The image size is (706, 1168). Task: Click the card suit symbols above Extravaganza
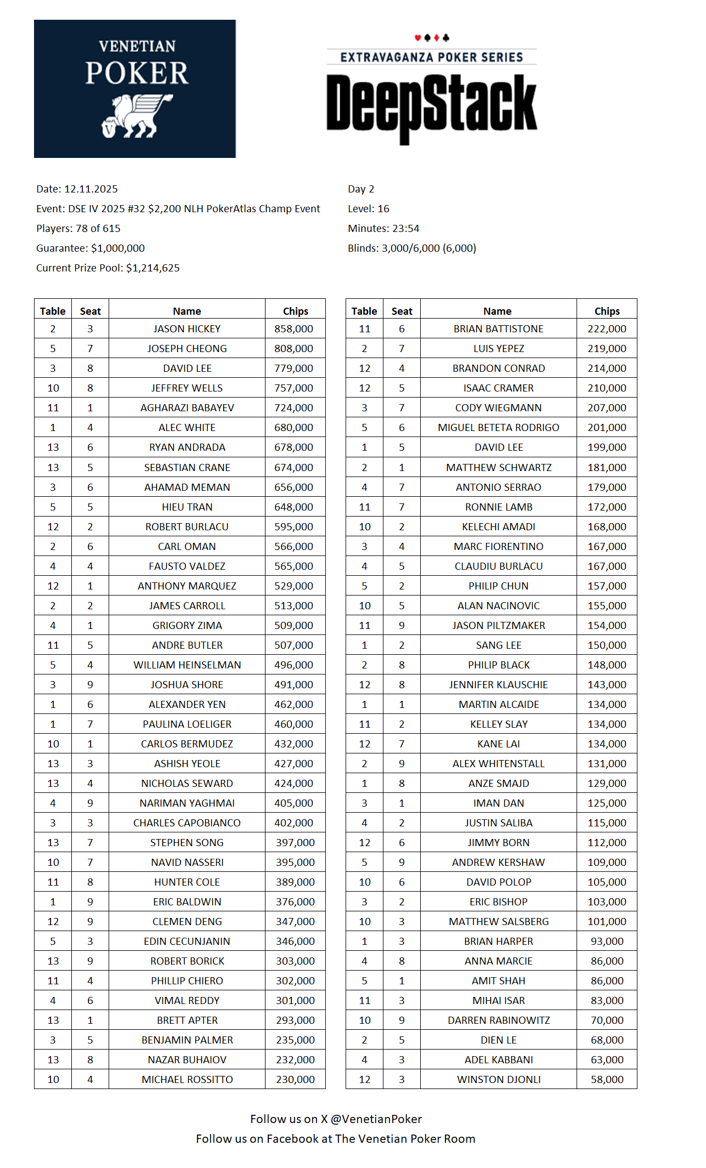click(432, 38)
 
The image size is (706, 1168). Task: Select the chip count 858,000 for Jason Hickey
click(294, 329)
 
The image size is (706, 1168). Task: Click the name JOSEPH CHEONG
click(187, 349)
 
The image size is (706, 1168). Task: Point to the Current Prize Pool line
click(108, 268)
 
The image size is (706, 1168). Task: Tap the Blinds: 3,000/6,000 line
click(412, 248)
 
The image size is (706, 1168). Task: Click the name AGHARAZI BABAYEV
click(187, 408)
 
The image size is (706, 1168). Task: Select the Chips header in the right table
click(607, 311)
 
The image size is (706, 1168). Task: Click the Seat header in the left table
click(91, 311)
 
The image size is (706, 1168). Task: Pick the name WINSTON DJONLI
click(499, 1080)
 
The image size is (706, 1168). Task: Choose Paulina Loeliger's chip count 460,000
click(294, 724)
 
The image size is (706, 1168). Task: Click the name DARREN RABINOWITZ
click(499, 1020)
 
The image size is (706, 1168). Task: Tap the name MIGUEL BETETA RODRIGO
click(499, 428)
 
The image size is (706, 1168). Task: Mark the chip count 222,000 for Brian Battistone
click(607, 329)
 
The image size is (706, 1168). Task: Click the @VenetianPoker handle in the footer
click(376, 1119)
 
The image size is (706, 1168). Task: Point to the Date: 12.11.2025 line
click(77, 189)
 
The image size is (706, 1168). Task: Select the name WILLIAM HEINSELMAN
click(187, 665)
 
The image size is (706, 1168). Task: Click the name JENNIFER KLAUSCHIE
click(499, 685)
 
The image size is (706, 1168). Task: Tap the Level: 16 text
click(369, 209)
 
